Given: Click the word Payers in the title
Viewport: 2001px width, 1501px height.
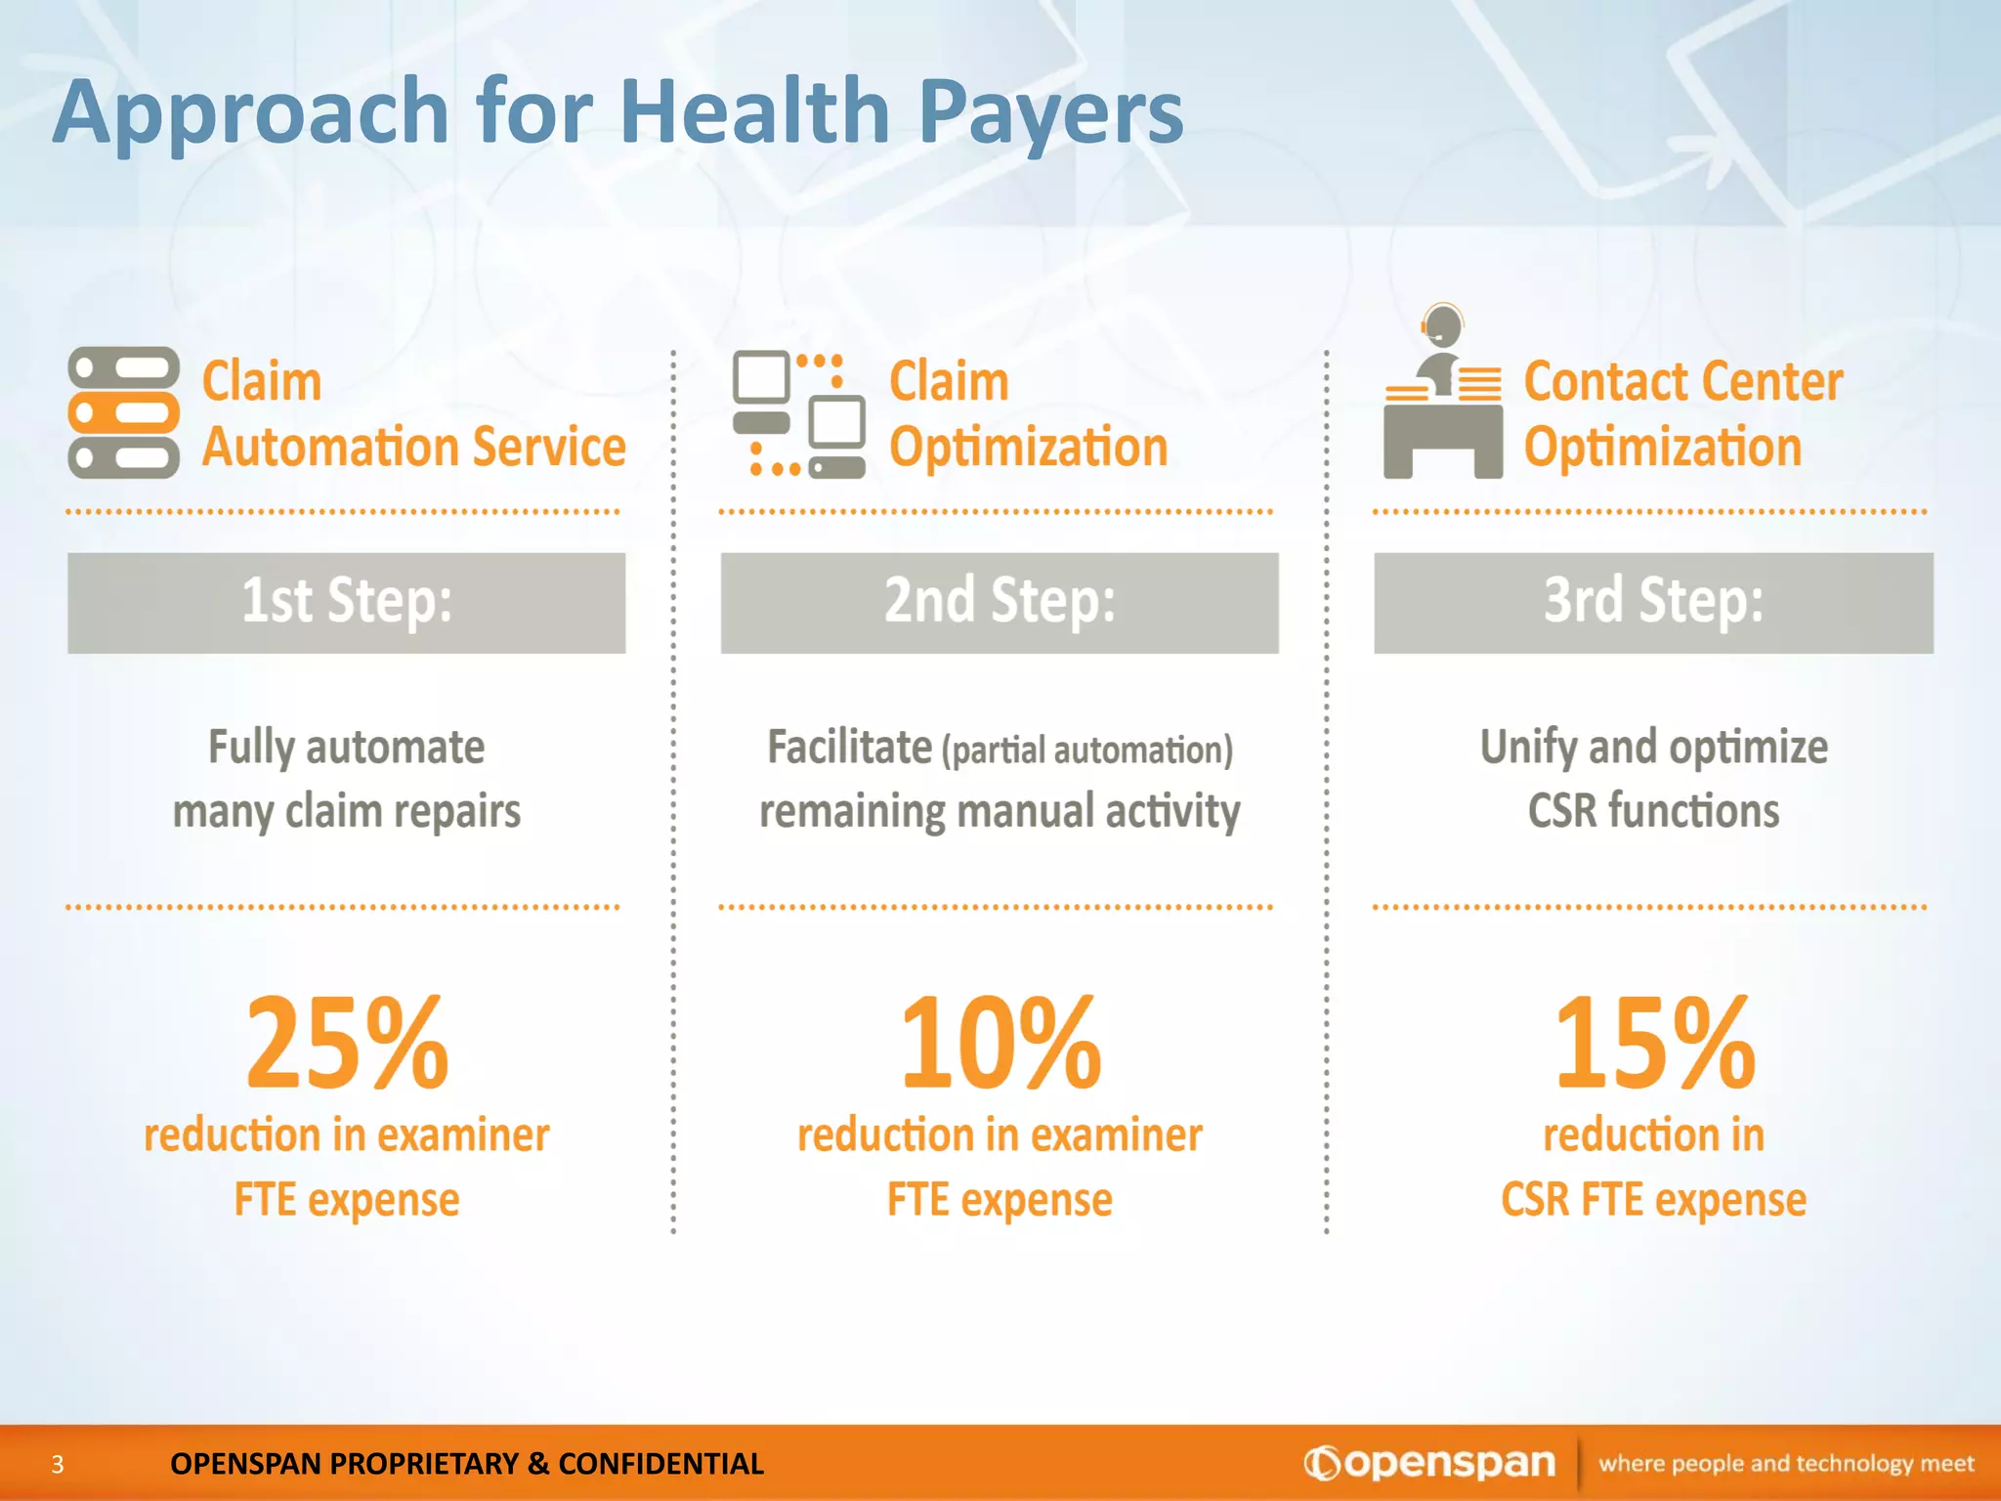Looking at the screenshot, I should coord(1051,113).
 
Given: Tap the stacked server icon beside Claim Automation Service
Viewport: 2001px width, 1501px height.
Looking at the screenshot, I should coord(123,412).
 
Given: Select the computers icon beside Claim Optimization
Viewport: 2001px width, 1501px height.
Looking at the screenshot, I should coord(799,414).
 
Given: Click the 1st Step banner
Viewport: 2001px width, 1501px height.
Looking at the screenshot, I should coord(347,602).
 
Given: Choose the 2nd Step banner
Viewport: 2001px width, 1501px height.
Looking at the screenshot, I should coord(1000,602).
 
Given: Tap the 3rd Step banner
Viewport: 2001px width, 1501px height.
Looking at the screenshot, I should coord(1653,602).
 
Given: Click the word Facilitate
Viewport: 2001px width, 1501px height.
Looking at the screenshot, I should coord(849,748).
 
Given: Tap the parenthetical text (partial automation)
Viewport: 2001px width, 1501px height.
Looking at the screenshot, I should coord(1087,750).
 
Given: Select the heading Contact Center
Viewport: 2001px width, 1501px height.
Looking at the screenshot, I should coord(1682,381).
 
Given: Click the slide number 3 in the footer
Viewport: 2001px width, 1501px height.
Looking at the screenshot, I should coord(58,1464).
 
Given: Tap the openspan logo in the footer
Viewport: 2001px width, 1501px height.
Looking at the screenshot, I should coord(1429,1463).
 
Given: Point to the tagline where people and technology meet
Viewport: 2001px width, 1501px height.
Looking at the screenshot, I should coord(1786,1464).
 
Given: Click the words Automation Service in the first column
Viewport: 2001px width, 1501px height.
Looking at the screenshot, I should coord(413,448).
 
